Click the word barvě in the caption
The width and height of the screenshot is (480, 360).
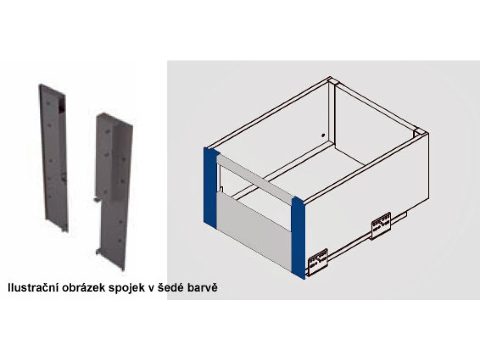point(202,288)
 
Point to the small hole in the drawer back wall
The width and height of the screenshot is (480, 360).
point(322,135)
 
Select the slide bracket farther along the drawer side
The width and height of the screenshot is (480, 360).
point(381,226)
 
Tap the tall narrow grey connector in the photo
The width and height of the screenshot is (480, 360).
point(53,157)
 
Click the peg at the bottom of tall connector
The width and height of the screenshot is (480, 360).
point(64,229)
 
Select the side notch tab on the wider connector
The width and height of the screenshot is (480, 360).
point(97,200)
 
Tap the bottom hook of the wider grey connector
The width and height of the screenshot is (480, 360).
point(98,252)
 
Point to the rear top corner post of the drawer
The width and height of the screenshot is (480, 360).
point(332,82)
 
